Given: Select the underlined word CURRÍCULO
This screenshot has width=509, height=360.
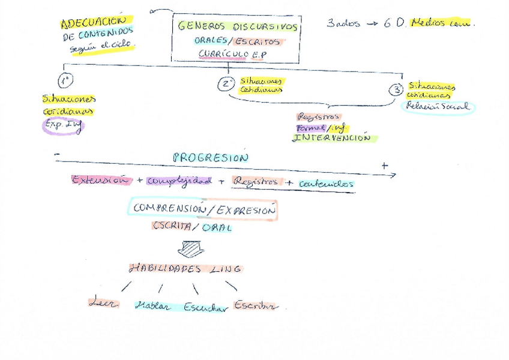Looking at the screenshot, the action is (x=222, y=55).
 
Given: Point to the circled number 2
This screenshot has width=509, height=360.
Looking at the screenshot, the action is (x=226, y=84).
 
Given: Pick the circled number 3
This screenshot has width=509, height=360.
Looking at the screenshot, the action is (x=396, y=90).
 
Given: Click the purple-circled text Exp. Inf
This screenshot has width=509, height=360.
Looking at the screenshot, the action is (x=63, y=126).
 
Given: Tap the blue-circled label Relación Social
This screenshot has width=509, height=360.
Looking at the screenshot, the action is (x=438, y=107).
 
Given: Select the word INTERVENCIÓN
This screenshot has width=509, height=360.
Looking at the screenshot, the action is (x=331, y=138).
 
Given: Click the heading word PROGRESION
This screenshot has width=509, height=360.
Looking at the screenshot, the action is (x=209, y=158).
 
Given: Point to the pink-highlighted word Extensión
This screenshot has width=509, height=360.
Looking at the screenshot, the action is (x=100, y=180).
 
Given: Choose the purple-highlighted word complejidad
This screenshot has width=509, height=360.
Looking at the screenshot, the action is (x=179, y=181).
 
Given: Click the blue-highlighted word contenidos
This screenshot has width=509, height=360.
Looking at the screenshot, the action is (x=327, y=184).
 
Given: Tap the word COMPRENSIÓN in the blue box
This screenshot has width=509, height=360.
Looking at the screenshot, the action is (x=166, y=209).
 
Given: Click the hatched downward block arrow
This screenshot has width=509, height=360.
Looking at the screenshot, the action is (x=191, y=246).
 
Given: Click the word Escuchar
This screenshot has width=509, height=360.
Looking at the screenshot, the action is (x=206, y=307).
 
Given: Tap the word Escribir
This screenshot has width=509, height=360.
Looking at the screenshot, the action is (x=256, y=305).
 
